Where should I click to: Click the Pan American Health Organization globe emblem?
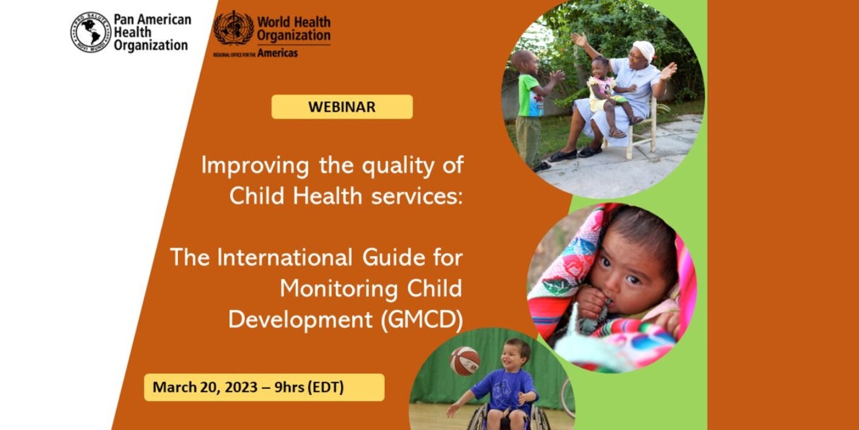[x=91, y=32]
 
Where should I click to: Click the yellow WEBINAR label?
[x=342, y=107]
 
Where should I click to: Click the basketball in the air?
[x=465, y=361]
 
